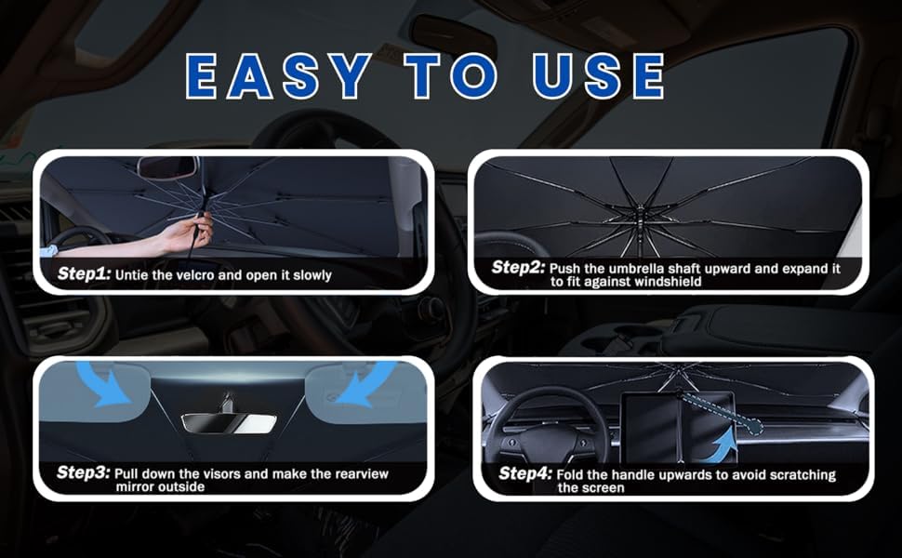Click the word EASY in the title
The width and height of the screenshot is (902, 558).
[279, 75]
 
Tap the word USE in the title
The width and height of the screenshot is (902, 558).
[598, 75]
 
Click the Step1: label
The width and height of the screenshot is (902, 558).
[84, 273]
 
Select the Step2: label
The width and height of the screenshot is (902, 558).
[518, 267]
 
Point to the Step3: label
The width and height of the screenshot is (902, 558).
[83, 472]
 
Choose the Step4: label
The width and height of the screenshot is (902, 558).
[525, 473]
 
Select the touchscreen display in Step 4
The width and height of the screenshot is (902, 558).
[678, 427]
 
